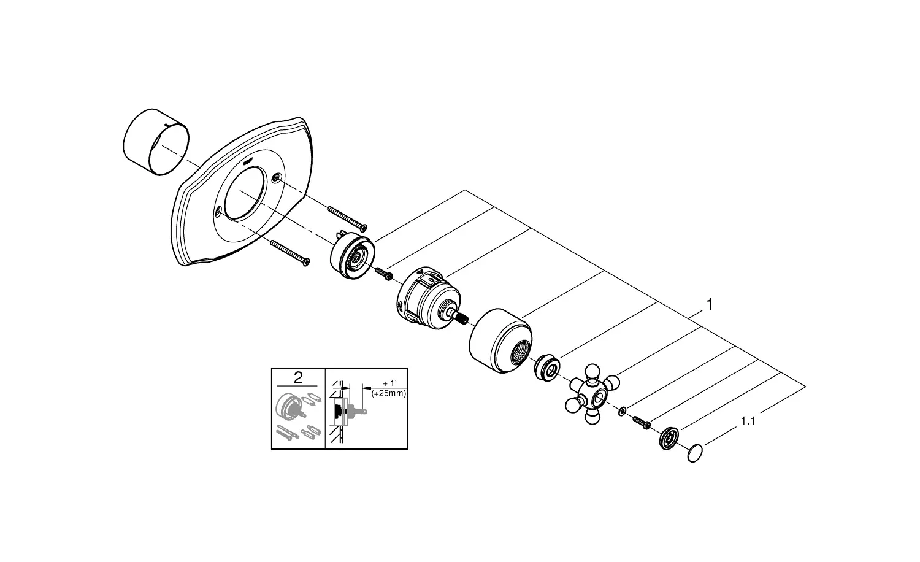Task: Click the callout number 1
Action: (x=709, y=305)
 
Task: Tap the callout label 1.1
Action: (x=748, y=421)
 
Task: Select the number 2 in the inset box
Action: (x=298, y=377)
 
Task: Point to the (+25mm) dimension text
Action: (x=388, y=393)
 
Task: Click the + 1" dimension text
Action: (x=390, y=383)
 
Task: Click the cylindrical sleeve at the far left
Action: (x=156, y=142)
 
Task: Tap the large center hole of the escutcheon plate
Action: (x=248, y=193)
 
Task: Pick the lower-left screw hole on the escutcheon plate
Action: (x=218, y=212)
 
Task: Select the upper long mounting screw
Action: (x=347, y=219)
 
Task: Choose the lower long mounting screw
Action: (x=290, y=253)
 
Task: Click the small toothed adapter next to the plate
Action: (x=353, y=258)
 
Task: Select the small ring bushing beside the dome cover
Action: (x=547, y=367)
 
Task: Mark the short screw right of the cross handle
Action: (x=642, y=423)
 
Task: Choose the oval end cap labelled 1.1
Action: (x=694, y=453)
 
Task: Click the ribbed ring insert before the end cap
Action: (x=669, y=438)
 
